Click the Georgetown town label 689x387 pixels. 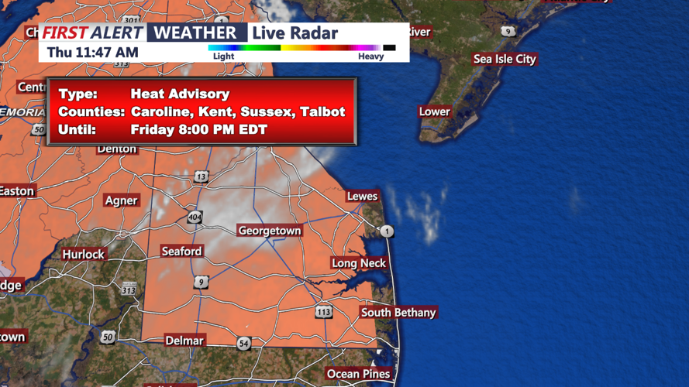[269, 231]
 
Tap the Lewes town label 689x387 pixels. [362, 196]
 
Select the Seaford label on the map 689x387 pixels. [181, 251]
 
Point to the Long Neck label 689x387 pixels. [359, 263]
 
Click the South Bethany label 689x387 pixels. [398, 313]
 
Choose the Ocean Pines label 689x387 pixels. [358, 374]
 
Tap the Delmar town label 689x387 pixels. [184, 341]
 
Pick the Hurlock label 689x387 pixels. [83, 254]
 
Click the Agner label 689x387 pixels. [121, 200]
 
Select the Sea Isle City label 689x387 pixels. [505, 59]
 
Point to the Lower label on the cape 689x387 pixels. [434, 111]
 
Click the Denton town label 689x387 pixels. [116, 149]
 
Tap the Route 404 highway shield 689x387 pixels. [195, 217]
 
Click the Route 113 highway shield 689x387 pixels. [323, 312]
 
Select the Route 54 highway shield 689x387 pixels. [243, 343]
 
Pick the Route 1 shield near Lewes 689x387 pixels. [386, 231]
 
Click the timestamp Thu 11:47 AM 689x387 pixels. [93, 52]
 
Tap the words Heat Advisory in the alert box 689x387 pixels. [180, 94]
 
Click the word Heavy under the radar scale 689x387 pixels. [370, 56]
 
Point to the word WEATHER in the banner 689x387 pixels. [196, 33]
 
